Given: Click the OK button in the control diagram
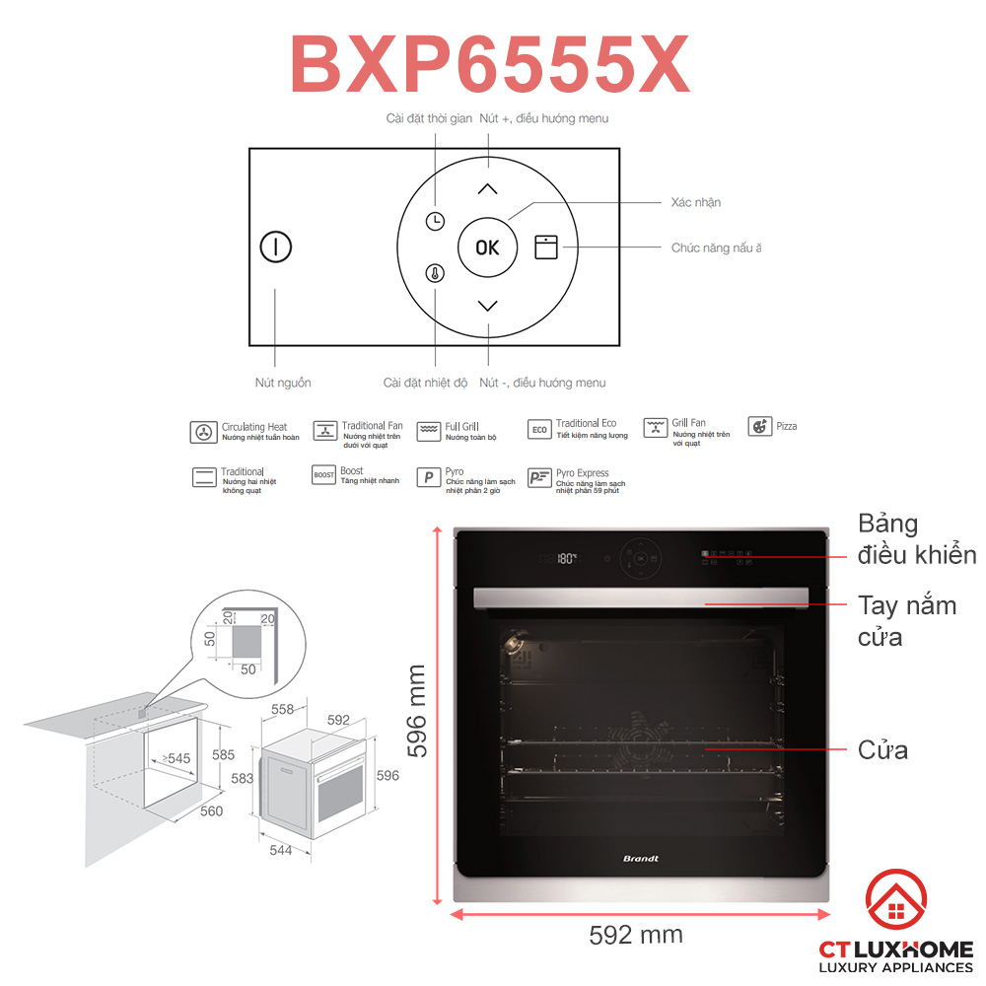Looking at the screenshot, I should [x=487, y=247].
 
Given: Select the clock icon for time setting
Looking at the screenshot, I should [x=435, y=222].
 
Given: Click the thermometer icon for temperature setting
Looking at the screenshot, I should [x=435, y=273].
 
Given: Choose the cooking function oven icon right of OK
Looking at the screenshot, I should [x=545, y=246].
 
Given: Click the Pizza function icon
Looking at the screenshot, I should [x=759, y=427].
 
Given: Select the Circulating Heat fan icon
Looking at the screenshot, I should [x=203, y=432].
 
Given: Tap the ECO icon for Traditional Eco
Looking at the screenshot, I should [x=539, y=429].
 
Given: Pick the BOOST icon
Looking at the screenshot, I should [x=323, y=475].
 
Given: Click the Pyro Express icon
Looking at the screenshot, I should [x=539, y=477].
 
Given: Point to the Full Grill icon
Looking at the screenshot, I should [x=428, y=431].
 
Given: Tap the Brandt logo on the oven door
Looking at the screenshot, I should [x=640, y=859].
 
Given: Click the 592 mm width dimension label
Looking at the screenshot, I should [x=635, y=934].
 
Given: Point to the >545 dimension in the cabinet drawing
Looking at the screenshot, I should [x=176, y=758].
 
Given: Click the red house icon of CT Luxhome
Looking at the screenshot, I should [x=895, y=901].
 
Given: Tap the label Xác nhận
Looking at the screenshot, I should [x=695, y=202].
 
